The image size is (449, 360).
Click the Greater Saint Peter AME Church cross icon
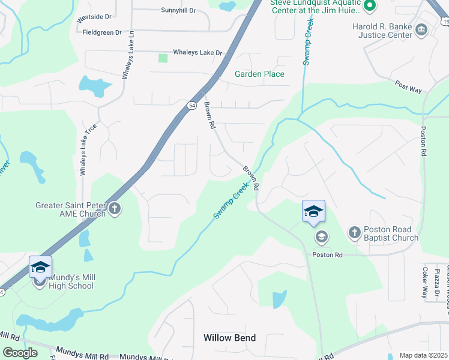click(115, 209)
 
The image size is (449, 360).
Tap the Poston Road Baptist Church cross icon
click(354, 232)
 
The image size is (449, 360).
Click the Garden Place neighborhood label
click(259, 74)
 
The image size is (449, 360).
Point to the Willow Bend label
click(229, 338)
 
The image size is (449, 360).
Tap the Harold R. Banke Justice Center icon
click(421, 29)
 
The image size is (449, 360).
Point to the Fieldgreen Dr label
click(102, 32)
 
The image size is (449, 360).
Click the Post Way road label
click(408, 87)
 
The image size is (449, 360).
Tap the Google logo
click(20, 352)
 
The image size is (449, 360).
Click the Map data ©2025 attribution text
click(424, 355)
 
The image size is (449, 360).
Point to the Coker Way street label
click(424, 282)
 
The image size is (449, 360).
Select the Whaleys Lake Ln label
click(126, 55)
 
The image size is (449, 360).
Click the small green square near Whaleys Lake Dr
click(163, 58)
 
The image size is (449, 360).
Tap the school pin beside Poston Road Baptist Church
click(313, 212)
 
